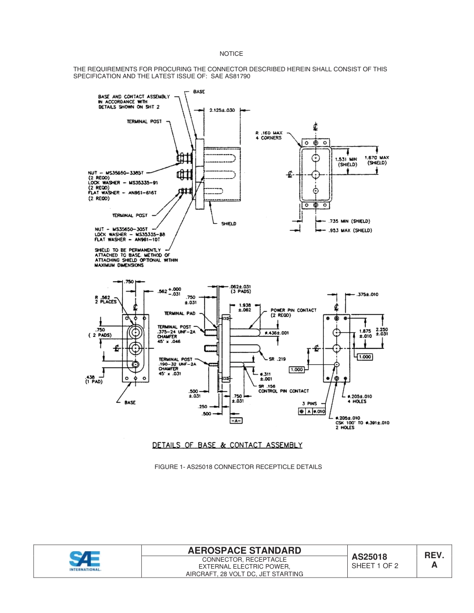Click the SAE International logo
(x=85, y=561)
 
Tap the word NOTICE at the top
(x=231, y=54)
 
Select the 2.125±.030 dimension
(x=222, y=110)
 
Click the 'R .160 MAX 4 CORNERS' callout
(x=269, y=136)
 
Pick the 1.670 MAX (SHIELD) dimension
(x=378, y=160)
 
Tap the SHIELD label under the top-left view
(x=229, y=224)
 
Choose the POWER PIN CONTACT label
(x=293, y=312)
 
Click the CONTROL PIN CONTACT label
(x=283, y=391)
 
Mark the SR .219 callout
(x=277, y=359)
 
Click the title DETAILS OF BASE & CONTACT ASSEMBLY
(x=227, y=445)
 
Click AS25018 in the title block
(x=370, y=557)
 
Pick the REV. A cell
(x=434, y=560)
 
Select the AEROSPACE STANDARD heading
(x=244, y=550)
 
